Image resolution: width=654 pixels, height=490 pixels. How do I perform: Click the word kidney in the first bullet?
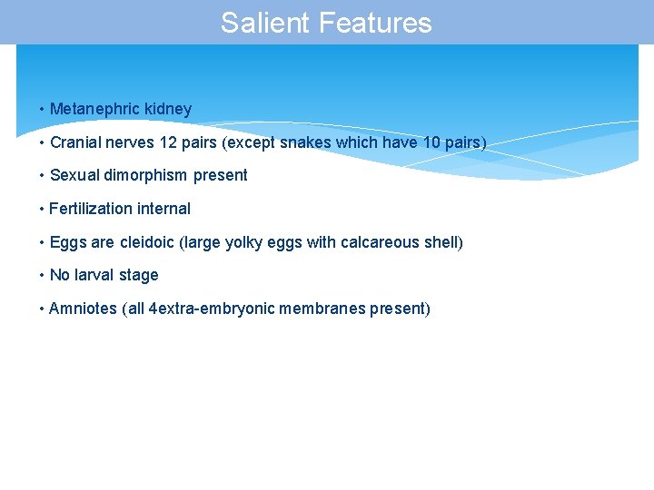point(168,109)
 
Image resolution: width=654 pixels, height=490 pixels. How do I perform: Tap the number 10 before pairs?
point(431,142)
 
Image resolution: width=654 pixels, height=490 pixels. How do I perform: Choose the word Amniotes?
point(83,309)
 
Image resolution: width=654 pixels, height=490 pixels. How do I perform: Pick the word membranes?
point(322,309)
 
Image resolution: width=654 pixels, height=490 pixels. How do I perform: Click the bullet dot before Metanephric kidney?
point(42,110)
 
